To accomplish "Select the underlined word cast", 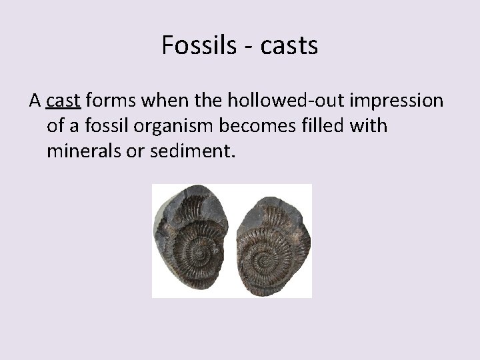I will point(63,100).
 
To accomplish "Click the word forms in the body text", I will point(110,100).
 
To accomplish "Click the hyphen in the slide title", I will point(241,46).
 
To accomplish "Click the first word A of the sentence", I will point(35,100).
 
